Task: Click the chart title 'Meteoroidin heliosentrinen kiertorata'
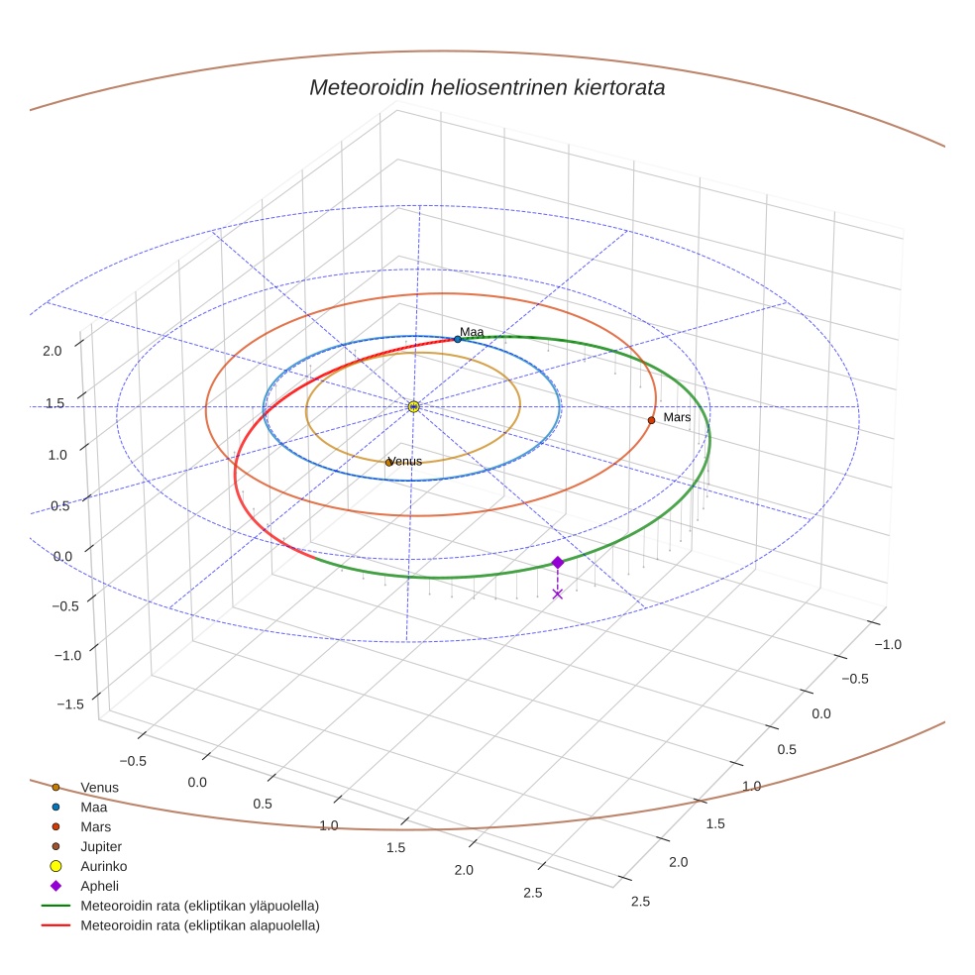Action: tap(487, 87)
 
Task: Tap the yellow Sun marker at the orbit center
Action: tap(413, 406)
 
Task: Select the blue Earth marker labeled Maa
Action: tap(457, 339)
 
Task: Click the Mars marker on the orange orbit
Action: tap(651, 420)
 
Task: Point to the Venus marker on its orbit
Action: tap(388, 463)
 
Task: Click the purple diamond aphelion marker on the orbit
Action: tap(557, 562)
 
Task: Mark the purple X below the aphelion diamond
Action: tap(557, 594)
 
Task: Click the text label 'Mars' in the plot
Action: tap(677, 417)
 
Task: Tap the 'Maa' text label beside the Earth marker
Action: tap(472, 332)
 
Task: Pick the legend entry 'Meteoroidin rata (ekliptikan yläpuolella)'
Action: tap(199, 906)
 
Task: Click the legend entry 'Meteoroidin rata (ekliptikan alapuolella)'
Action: tap(199, 925)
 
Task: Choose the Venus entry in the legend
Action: tap(99, 787)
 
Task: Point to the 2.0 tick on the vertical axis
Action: tap(53, 350)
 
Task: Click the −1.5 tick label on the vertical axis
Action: tap(70, 703)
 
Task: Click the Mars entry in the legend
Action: tap(95, 826)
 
